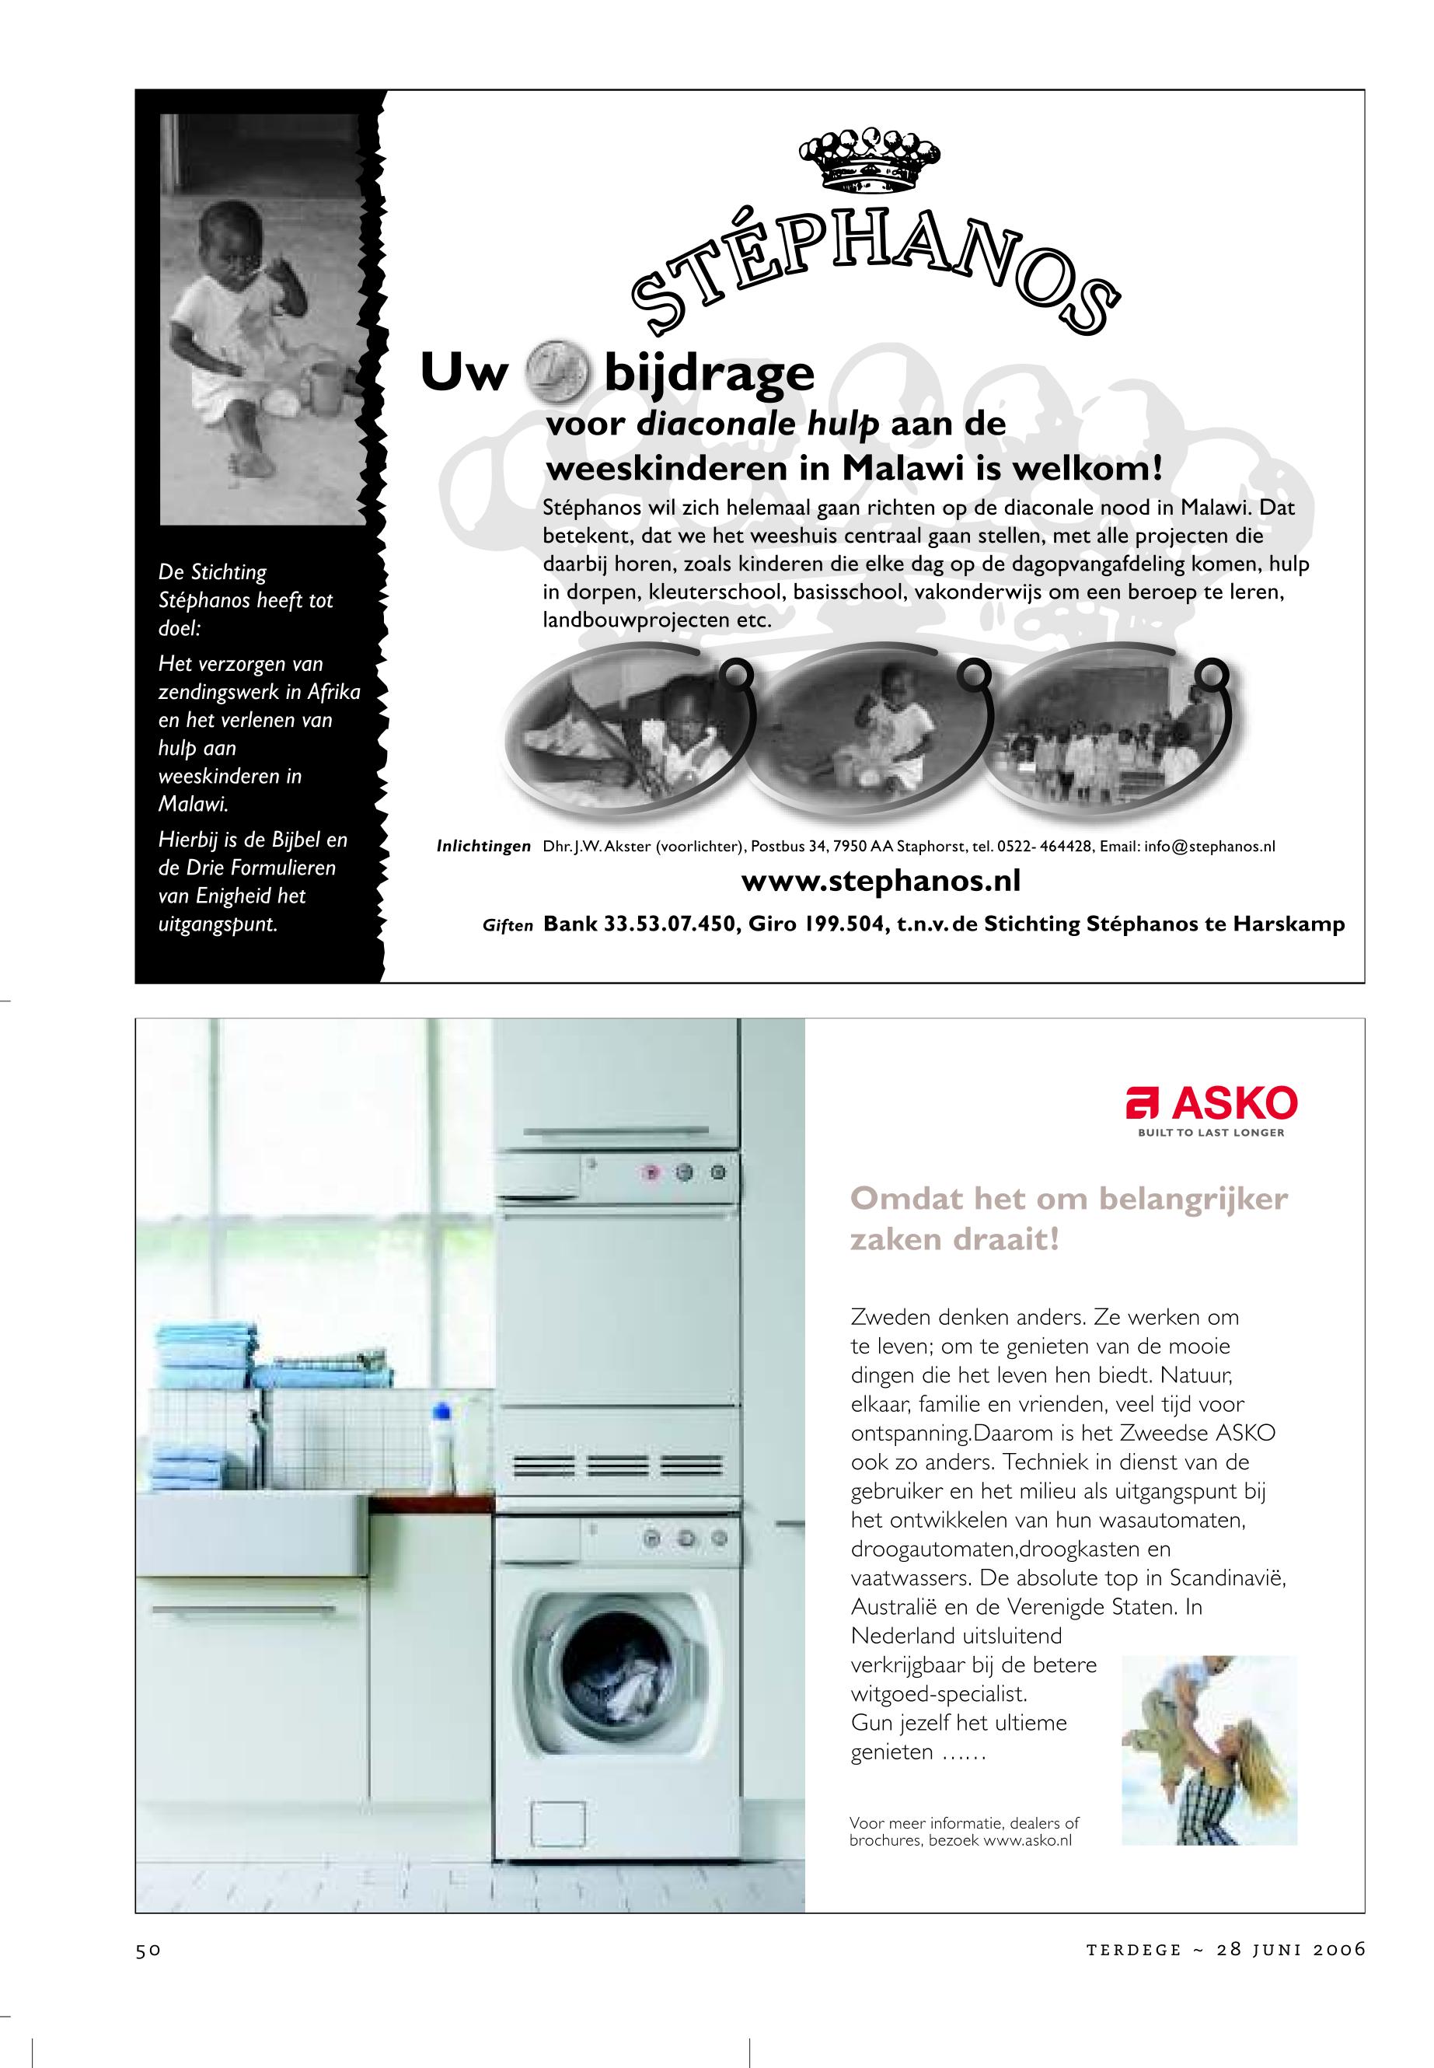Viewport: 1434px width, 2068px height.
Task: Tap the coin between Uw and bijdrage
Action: tap(557, 374)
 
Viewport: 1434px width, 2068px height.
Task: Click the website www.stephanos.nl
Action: tap(881, 881)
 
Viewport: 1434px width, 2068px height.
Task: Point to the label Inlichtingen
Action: tap(483, 847)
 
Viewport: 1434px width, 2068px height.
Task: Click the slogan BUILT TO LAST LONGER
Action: tap(1211, 1133)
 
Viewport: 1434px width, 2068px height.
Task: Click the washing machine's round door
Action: tap(620, 1665)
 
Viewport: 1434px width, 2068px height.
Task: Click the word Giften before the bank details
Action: tap(508, 926)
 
